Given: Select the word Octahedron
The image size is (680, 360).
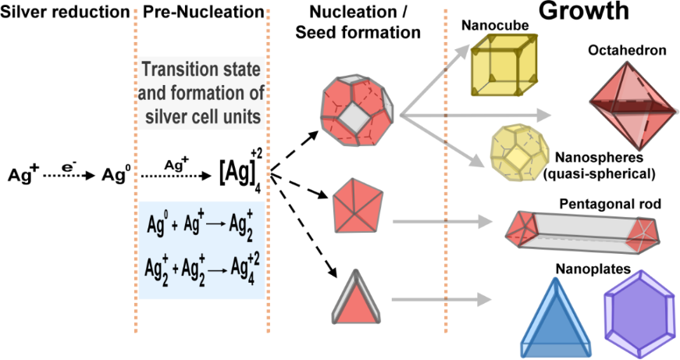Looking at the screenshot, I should pyautogui.click(x=627, y=51).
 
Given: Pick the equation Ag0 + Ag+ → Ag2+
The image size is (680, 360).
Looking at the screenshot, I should pyautogui.click(x=200, y=229).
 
